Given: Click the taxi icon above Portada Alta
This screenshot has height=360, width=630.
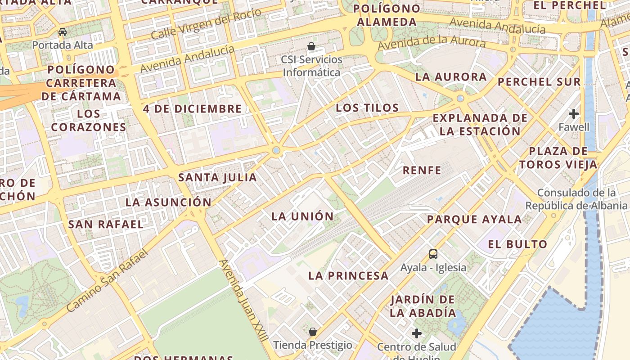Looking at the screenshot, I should [63, 32].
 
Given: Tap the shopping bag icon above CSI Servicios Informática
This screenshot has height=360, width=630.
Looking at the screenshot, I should [311, 46].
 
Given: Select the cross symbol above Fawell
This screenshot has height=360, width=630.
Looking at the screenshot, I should [573, 113].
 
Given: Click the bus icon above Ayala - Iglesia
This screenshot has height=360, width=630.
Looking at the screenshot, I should [433, 254].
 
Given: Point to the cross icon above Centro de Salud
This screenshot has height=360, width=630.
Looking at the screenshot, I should [417, 333].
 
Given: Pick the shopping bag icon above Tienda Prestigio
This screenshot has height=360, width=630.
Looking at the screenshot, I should [313, 332].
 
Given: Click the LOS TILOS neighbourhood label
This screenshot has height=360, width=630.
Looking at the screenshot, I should [367, 108].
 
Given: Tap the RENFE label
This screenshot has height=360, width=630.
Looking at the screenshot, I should [422, 170].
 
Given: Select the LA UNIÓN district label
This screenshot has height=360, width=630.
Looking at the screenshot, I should [302, 216].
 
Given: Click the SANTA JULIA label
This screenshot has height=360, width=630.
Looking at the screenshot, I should [217, 178].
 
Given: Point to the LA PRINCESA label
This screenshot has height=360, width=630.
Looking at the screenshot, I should [348, 276].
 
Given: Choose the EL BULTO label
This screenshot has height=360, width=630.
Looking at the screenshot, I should [517, 245].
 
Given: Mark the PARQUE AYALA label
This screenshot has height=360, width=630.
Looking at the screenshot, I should [474, 220].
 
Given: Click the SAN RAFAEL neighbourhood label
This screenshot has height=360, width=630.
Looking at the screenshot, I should [106, 224].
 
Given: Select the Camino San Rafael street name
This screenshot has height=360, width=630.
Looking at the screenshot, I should [107, 281].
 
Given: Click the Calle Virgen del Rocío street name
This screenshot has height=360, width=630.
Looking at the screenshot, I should [206, 24].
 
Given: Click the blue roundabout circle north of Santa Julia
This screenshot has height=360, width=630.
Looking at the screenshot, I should [276, 151].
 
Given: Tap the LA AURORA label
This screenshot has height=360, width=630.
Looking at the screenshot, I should [451, 77].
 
